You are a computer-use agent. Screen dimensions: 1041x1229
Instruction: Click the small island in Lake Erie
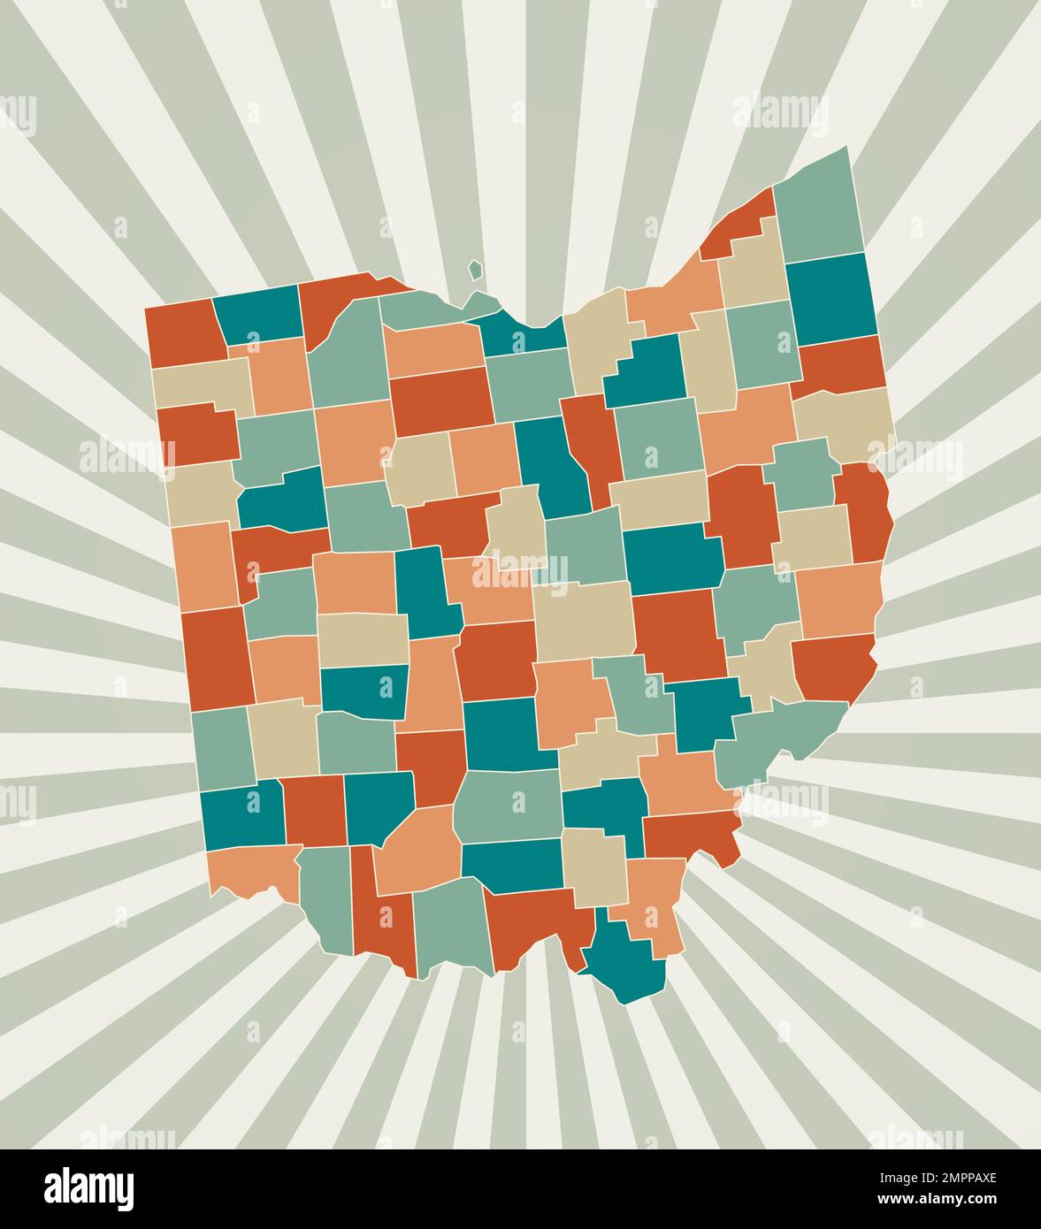(x=476, y=270)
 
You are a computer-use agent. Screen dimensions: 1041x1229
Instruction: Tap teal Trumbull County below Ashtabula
(x=831, y=299)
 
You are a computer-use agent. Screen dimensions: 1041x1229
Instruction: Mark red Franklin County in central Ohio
(x=496, y=659)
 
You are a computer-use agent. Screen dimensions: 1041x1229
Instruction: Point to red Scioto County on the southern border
(x=538, y=924)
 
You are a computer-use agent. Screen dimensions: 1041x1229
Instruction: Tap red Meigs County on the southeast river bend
(x=693, y=836)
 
